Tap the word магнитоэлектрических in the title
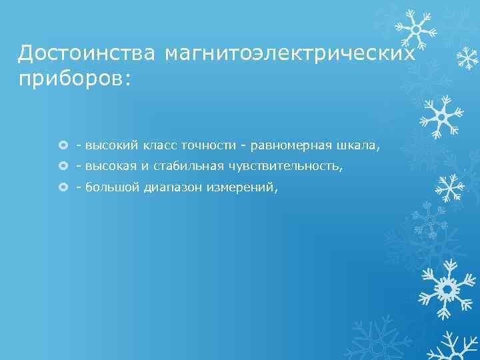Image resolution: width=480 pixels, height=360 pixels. tap(291, 53)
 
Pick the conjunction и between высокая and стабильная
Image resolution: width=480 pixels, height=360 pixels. tap(145, 167)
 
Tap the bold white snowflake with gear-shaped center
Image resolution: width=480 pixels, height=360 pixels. tap(445, 288)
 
